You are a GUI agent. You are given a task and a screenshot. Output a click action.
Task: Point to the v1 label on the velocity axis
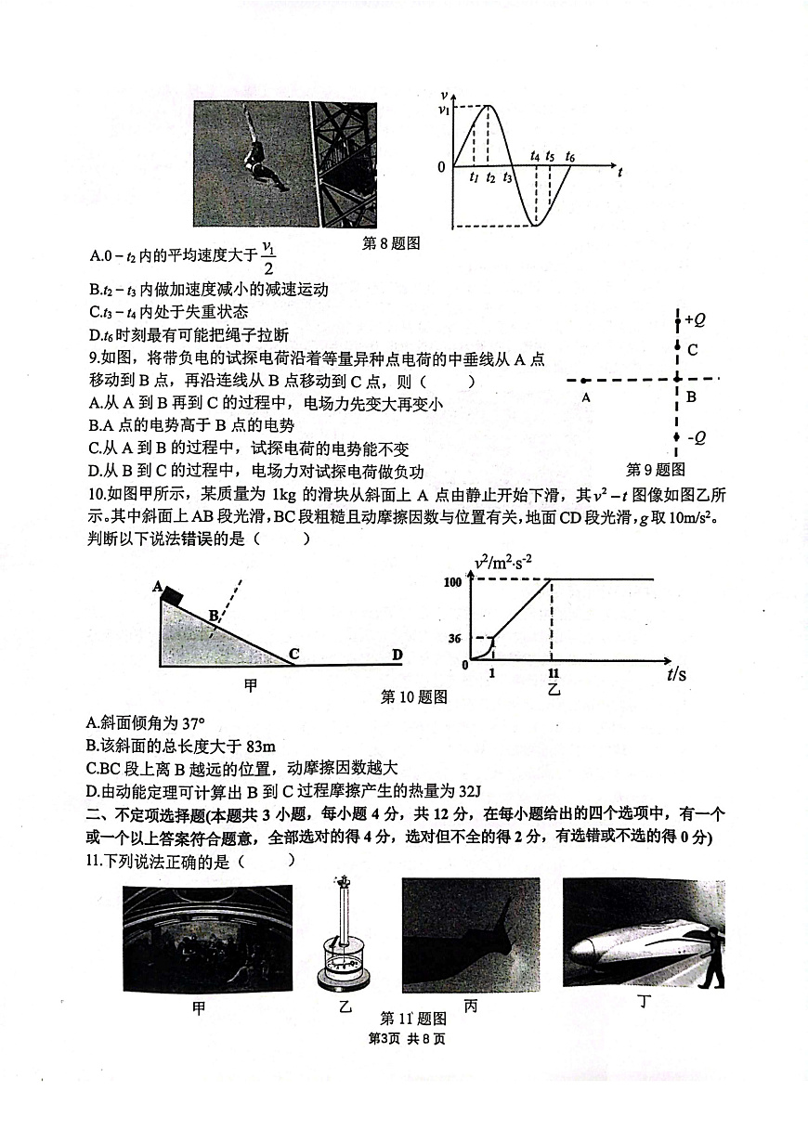point(445,110)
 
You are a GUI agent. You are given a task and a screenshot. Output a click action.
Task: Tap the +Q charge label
point(694,320)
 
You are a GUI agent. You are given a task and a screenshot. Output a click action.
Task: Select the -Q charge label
point(695,438)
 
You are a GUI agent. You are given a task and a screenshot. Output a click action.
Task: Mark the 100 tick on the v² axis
point(453,581)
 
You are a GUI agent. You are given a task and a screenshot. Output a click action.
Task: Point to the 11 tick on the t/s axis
point(554,673)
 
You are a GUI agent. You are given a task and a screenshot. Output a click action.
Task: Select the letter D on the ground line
point(397,656)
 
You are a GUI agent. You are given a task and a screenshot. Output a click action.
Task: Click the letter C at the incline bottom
point(293,655)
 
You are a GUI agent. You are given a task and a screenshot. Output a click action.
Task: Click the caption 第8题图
point(391,243)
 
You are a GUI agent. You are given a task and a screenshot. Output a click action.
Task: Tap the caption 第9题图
point(656,469)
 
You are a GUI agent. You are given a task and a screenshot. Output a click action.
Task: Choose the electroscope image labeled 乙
point(345,938)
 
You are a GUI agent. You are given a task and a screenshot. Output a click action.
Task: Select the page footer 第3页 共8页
point(407,1038)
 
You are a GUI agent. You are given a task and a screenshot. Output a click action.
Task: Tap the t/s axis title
point(676,674)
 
